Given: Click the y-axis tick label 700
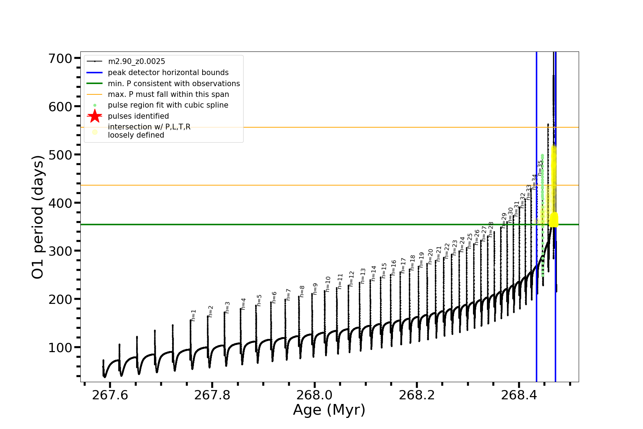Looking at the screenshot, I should click(60, 58).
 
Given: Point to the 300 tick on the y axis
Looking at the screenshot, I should click(60, 251).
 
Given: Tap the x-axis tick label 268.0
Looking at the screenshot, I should click(314, 395).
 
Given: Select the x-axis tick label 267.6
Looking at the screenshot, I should click(110, 395).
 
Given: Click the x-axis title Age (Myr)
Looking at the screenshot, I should click(329, 410).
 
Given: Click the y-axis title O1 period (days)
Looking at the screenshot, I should click(38, 217).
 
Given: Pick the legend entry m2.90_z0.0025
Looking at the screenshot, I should click(136, 61).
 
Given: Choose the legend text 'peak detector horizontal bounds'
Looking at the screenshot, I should click(168, 73).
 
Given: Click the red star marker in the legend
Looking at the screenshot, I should click(95, 116).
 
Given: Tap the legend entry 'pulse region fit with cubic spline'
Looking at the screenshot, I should click(168, 105).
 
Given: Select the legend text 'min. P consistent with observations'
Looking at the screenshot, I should click(174, 84).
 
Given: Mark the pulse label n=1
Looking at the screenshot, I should click(194, 315).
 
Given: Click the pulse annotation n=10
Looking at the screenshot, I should click(328, 284).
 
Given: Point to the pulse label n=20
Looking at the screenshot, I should click(430, 256).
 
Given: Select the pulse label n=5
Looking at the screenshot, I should click(259, 300).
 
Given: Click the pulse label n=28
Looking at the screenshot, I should click(491, 229).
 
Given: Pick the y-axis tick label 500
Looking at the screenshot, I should click(60, 155).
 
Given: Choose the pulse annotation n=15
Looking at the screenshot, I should click(384, 271).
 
